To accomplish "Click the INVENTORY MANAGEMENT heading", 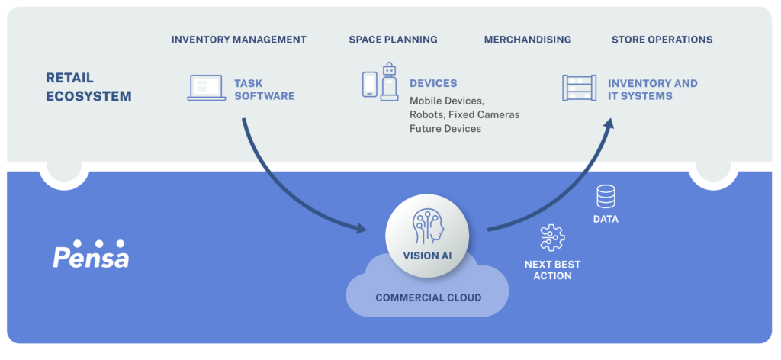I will click(x=239, y=40).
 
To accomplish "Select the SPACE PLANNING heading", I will click(x=393, y=40).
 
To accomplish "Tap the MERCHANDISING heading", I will click(x=527, y=40).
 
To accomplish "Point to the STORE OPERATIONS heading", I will click(x=662, y=40).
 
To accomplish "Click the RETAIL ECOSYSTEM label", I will click(x=88, y=87).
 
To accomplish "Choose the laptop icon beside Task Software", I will click(x=206, y=88).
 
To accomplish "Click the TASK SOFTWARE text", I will click(x=264, y=90).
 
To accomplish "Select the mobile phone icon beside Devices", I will click(x=369, y=85).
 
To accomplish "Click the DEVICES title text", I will click(x=433, y=83).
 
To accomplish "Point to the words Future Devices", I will click(x=445, y=128).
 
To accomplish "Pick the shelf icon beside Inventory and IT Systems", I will click(x=579, y=88).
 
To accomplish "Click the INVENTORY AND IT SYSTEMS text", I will click(x=652, y=90).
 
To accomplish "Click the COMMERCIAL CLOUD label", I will click(x=428, y=297).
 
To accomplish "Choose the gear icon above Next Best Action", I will click(x=551, y=238).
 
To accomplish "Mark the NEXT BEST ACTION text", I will click(x=552, y=270).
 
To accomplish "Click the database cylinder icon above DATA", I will click(x=606, y=198).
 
